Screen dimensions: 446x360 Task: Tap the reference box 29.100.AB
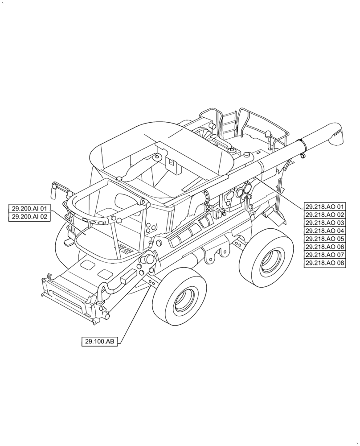pos(99,342)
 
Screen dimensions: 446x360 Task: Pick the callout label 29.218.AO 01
pos(325,207)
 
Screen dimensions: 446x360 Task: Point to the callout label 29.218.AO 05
pos(325,239)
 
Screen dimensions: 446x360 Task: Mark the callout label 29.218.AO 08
pos(325,264)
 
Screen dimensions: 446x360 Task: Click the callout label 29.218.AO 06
pos(325,247)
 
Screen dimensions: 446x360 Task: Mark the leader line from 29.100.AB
pos(134,312)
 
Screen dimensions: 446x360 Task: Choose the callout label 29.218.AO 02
pos(325,215)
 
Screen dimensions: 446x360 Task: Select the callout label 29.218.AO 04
pos(325,231)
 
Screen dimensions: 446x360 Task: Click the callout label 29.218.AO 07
pos(325,256)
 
